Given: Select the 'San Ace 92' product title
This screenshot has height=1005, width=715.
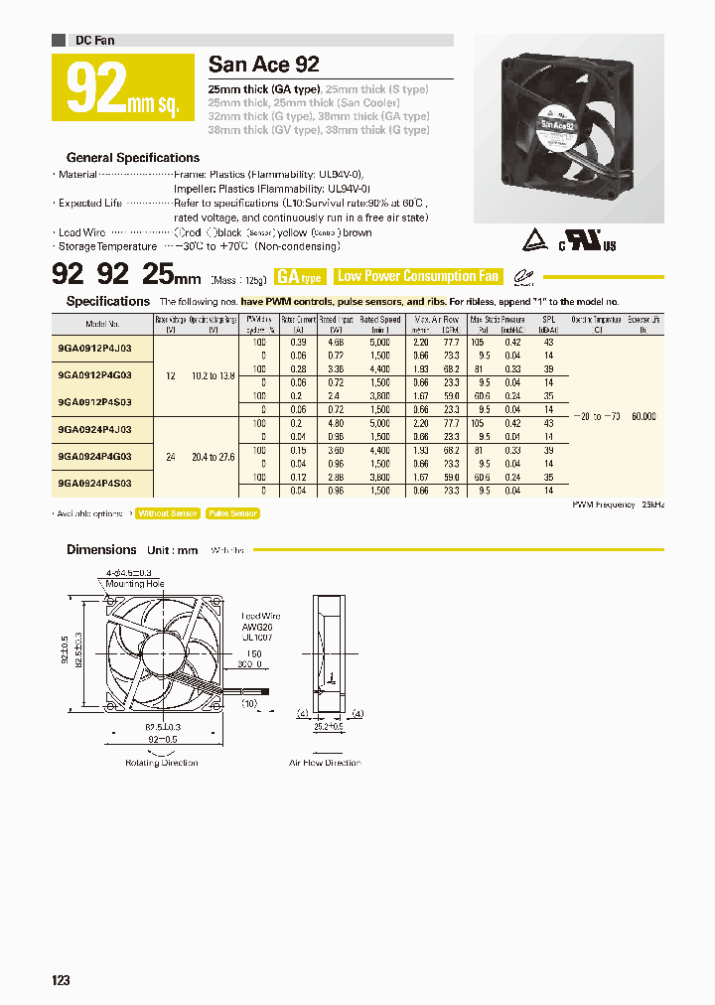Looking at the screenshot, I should tap(263, 66).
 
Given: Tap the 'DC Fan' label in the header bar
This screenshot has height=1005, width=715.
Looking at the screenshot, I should tap(94, 40).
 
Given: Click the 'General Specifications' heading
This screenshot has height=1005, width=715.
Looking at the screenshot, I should tap(132, 158).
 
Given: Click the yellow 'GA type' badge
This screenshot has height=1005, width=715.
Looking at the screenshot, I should tap(299, 277).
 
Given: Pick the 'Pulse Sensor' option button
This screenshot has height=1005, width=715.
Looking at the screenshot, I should tap(232, 513).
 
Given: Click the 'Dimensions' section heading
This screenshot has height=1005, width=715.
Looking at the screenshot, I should tap(101, 549).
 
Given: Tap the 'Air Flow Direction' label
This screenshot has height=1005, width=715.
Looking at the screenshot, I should tap(325, 763).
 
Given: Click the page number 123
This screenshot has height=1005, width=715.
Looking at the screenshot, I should tap(61, 980).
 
